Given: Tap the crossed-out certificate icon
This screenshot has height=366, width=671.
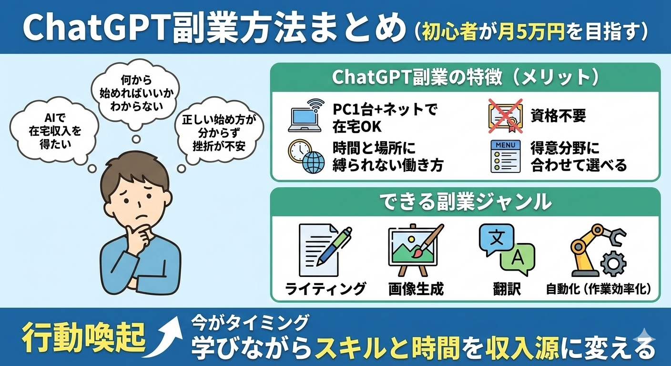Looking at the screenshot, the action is [x=506, y=116].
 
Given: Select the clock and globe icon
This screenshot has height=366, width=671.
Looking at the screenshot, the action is [x=306, y=156].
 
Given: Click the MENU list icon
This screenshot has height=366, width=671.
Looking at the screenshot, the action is [x=505, y=156].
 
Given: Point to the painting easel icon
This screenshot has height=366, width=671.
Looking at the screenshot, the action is [x=416, y=250].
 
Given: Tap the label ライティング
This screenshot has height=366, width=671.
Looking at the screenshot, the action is [x=325, y=289].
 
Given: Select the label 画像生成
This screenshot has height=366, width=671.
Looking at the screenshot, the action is [x=416, y=289].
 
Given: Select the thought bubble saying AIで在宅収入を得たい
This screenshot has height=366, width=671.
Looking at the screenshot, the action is [x=55, y=132].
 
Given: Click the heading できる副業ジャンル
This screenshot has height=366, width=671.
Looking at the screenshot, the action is [x=466, y=202].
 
